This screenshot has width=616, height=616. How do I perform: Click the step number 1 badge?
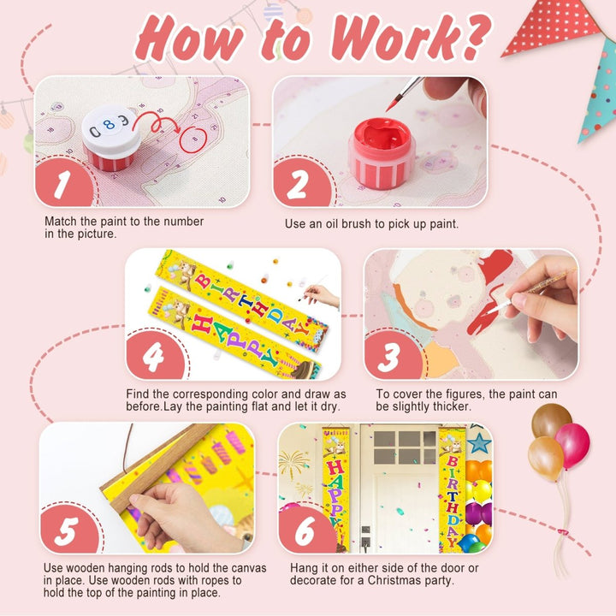64,184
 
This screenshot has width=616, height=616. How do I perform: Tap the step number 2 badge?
302,184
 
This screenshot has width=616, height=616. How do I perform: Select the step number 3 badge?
393,357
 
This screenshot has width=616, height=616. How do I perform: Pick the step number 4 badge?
155,357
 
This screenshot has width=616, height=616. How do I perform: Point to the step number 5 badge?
69,530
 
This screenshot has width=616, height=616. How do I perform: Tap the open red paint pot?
382,153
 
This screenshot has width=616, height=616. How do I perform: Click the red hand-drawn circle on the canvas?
193,139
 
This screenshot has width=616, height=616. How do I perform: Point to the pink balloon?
572,446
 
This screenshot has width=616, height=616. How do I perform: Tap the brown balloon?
551,420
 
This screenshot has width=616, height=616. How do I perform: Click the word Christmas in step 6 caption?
396,580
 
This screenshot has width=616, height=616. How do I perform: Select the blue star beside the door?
479,443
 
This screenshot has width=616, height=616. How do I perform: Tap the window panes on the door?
405,447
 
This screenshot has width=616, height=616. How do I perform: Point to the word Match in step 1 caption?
61,222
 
